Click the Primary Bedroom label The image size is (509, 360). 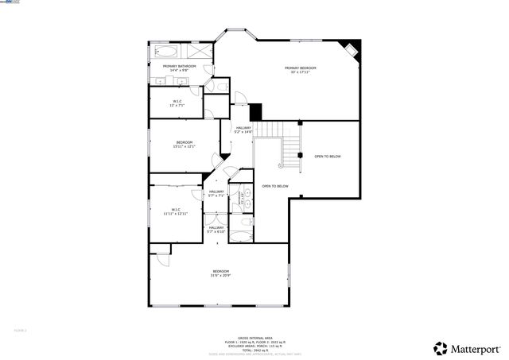pyautogui.click(x=301, y=70)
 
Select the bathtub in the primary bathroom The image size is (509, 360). pyautogui.click(x=169, y=49)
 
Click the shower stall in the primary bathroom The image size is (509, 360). pyautogui.click(x=202, y=49)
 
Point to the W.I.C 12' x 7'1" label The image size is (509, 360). pyautogui.click(x=178, y=103)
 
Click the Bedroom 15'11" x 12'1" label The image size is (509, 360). pyautogui.click(x=185, y=144)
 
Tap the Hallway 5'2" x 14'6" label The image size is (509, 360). pyautogui.click(x=243, y=130)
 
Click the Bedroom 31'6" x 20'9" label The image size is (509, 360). pyautogui.click(x=220, y=273)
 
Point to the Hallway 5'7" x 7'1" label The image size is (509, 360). pyautogui.click(x=216, y=194)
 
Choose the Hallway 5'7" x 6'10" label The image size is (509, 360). pyautogui.click(x=216, y=230)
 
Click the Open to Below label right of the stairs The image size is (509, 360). pyautogui.click(x=327, y=157)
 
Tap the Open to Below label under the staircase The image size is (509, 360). pyautogui.click(x=275, y=186)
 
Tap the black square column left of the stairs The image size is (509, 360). pyautogui.click(x=255, y=112)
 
